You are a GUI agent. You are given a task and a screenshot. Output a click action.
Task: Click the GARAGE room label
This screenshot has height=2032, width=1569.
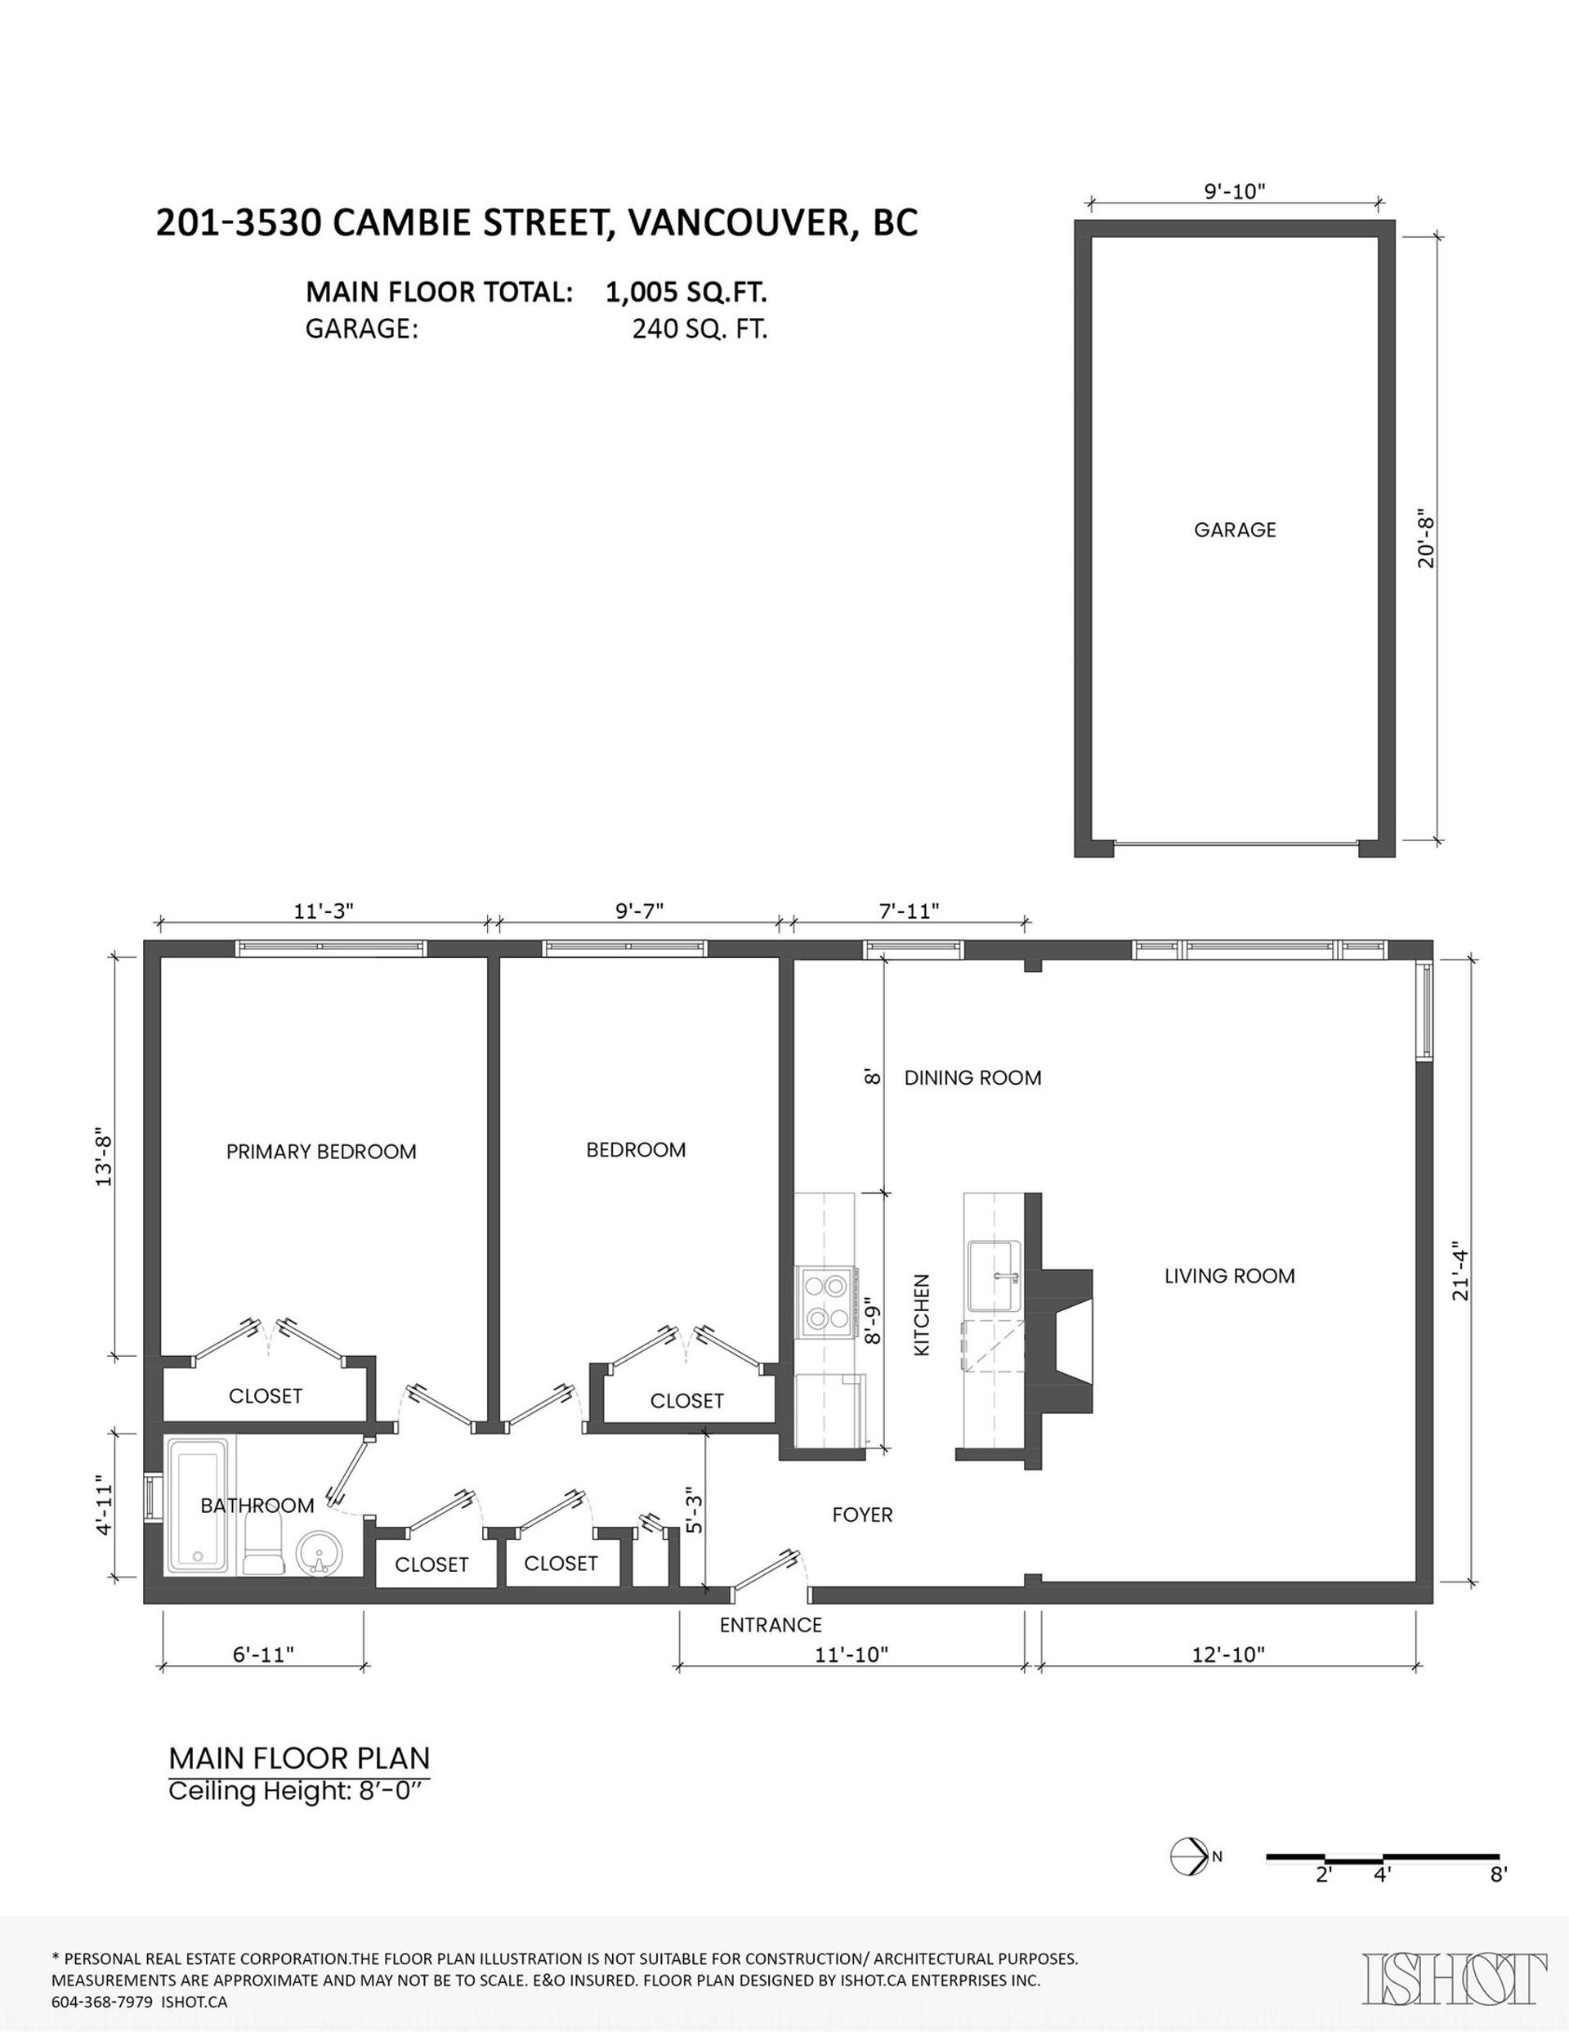[x=1234, y=530]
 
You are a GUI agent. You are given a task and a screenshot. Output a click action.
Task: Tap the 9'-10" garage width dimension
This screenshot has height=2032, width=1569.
[x=1235, y=190]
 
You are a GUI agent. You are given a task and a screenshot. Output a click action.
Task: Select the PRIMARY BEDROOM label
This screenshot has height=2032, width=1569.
[x=321, y=1152]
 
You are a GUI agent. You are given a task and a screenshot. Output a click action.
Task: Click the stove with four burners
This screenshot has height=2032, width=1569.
[x=826, y=1303]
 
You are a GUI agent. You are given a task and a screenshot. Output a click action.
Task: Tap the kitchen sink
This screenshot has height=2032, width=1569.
[x=995, y=1277]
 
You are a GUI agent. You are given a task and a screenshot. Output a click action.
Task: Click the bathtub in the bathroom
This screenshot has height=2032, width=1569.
[x=197, y=1506]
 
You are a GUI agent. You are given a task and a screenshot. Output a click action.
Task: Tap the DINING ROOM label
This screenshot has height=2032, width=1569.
[x=972, y=1077]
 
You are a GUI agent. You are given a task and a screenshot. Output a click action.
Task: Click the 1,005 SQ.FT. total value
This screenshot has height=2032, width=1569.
[x=686, y=292]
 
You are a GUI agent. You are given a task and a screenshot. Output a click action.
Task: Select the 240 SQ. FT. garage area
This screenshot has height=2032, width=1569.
[x=700, y=329]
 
